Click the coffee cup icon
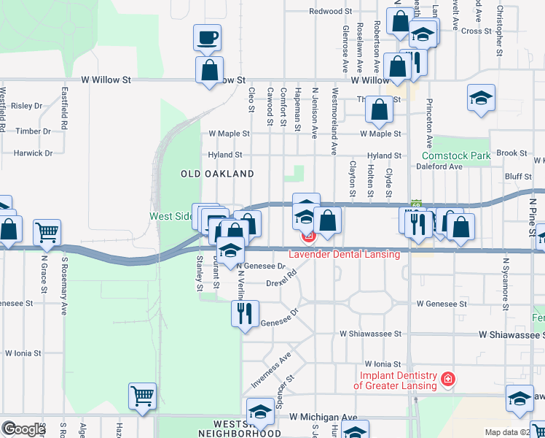click(x=207, y=37)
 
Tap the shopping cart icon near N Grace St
click(x=47, y=232)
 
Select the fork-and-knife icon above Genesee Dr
click(x=243, y=313)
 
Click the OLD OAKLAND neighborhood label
click(x=217, y=174)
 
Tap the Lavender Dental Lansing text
click(x=344, y=254)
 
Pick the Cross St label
click(x=477, y=31)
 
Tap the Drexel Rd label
click(x=281, y=279)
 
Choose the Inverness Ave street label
click(x=271, y=360)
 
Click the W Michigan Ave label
click(x=324, y=417)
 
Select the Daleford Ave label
click(x=439, y=166)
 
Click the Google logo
click(x=24, y=429)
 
